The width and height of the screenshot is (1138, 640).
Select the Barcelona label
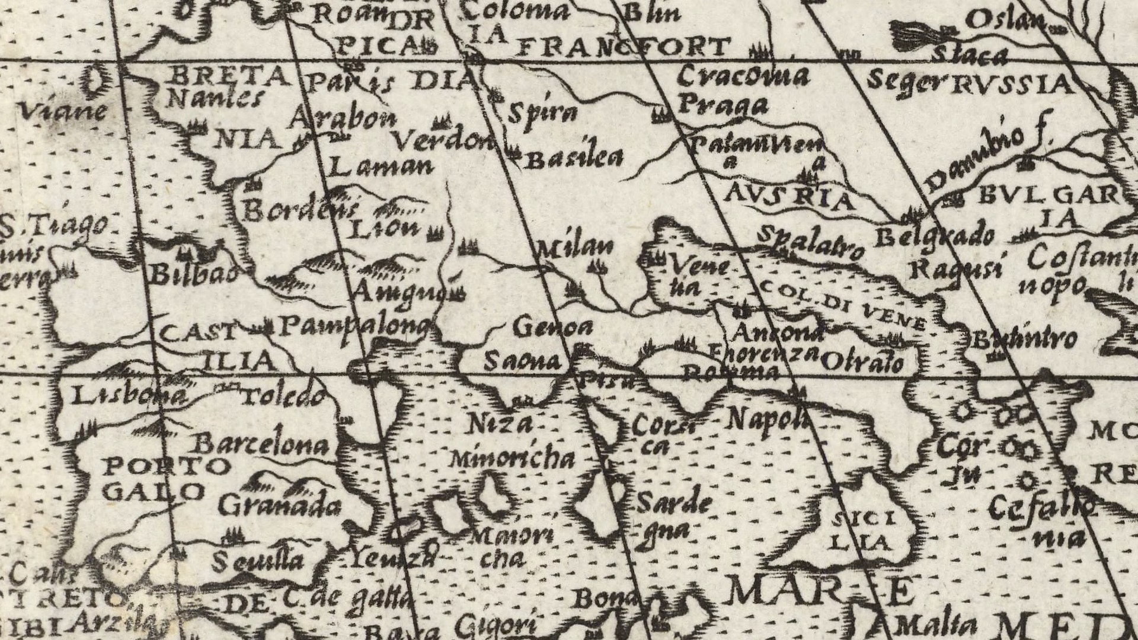click(262, 445)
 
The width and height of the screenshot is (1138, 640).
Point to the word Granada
click(280, 505)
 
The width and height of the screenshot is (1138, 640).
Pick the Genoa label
click(553, 327)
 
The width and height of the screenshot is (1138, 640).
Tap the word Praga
click(723, 105)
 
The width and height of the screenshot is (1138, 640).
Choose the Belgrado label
click(935, 236)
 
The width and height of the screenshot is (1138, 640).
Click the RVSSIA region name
click(1012, 85)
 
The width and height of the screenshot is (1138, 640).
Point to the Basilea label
click(575, 158)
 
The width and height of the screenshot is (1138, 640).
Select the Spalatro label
click(811, 243)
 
